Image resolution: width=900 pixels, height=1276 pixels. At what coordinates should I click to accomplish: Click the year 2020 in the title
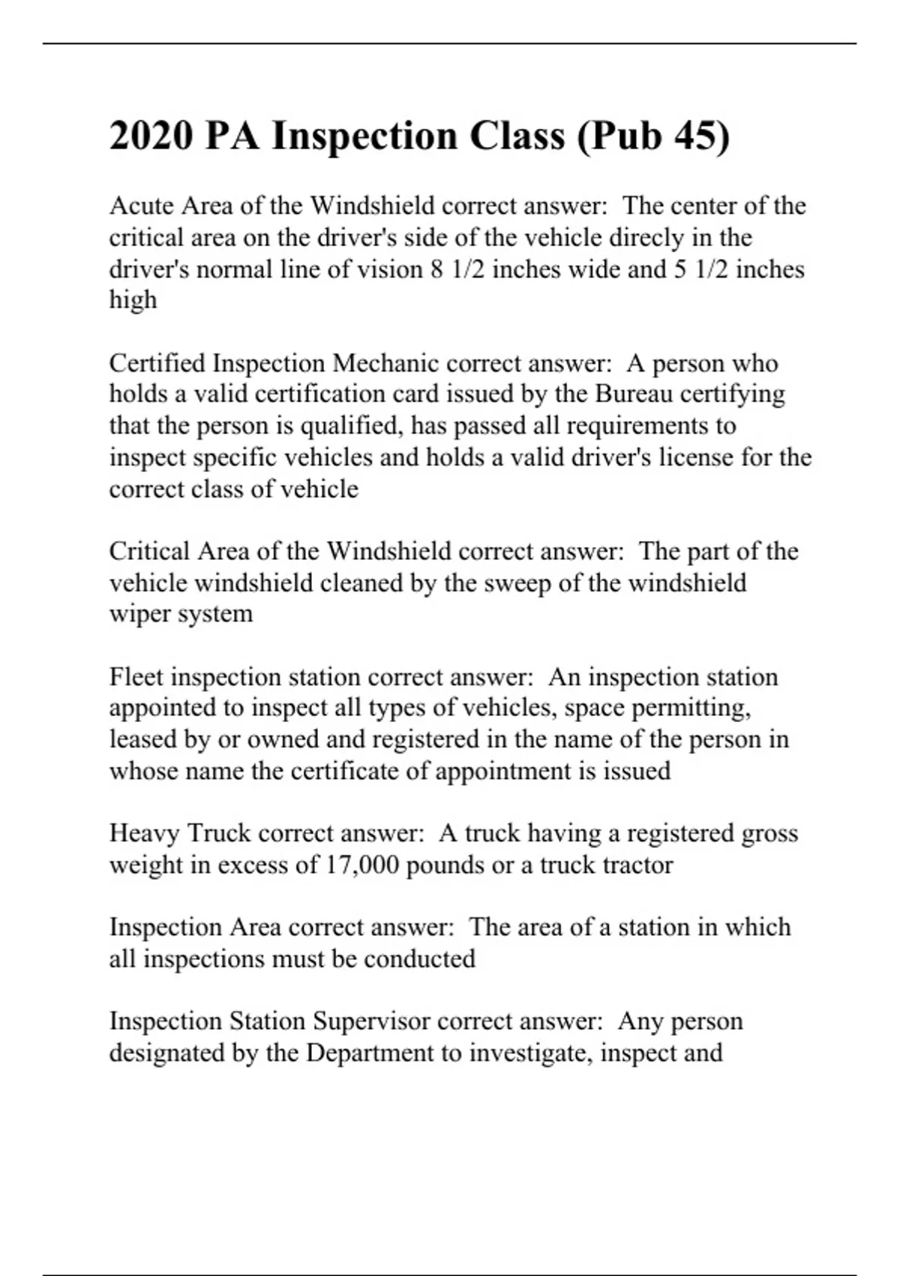coord(151,137)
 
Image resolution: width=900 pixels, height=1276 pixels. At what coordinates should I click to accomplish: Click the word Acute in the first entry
coord(141,206)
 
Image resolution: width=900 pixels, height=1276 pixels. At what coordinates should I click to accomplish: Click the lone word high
coord(133,300)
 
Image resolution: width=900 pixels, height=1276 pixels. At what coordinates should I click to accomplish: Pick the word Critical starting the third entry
coord(149,552)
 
